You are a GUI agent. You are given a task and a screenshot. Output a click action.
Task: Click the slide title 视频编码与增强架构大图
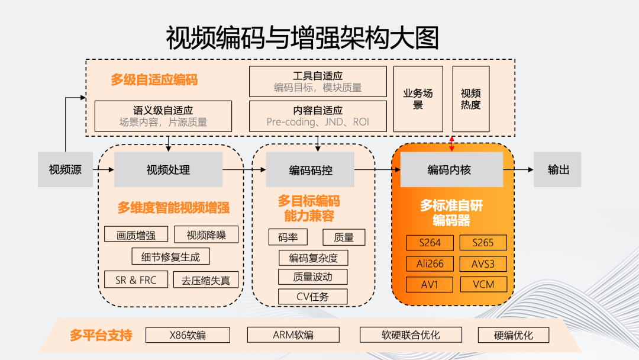click(302, 37)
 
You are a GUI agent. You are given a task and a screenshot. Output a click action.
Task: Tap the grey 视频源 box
click(65, 170)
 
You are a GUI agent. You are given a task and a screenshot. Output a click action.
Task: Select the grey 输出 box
click(557, 170)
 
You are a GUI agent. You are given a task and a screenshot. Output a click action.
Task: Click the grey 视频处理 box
click(168, 170)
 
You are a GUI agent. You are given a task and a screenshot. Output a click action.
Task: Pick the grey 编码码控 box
click(310, 170)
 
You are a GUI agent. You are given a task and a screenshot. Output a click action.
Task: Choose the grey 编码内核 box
click(451, 170)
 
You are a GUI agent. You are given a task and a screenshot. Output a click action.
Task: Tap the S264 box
click(430, 243)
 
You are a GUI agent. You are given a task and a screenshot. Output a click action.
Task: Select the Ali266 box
click(430, 263)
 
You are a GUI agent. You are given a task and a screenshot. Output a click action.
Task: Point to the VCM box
click(484, 284)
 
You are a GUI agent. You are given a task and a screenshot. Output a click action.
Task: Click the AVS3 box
click(484, 263)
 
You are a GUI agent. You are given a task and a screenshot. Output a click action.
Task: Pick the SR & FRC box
click(136, 280)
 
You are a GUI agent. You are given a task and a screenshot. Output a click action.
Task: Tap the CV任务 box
click(312, 297)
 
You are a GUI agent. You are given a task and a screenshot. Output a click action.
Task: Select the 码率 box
click(288, 237)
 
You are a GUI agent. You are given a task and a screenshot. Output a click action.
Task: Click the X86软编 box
click(188, 335)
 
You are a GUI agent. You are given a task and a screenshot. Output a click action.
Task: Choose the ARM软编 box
click(293, 335)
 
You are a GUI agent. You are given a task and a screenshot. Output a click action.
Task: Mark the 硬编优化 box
click(513, 335)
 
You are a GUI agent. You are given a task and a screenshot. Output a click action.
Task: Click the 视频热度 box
click(471, 99)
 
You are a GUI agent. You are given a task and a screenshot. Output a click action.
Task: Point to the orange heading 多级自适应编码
click(154, 80)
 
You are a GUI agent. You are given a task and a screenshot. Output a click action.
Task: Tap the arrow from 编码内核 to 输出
click(518, 170)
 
